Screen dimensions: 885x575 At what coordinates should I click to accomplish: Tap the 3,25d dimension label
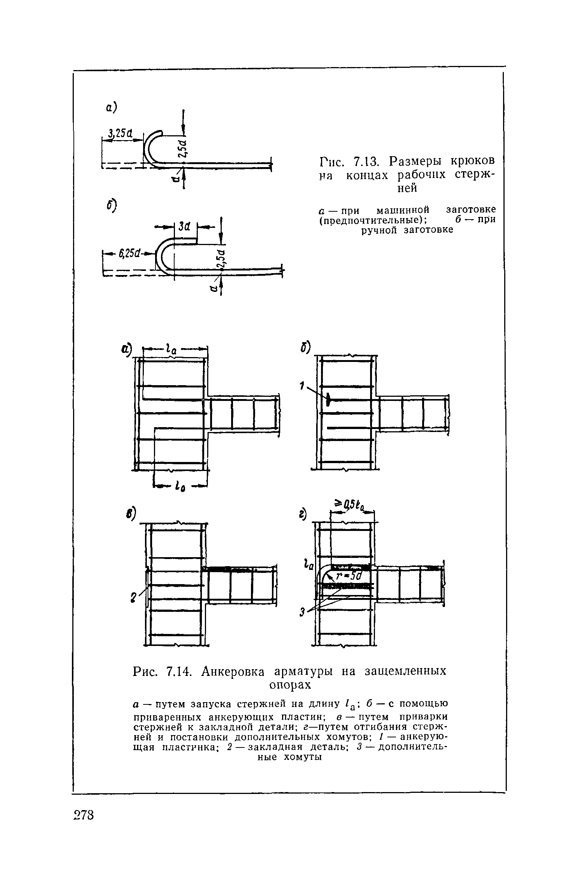[x=118, y=133]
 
